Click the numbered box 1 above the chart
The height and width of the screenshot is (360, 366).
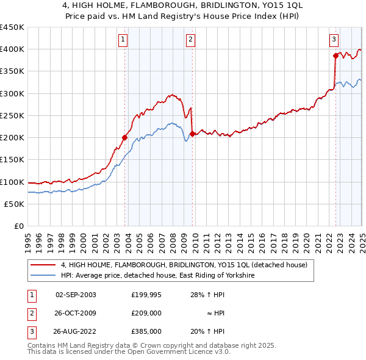click(123, 40)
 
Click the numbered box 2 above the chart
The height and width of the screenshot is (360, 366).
click(190, 40)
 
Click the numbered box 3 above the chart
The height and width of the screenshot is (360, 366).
click(334, 40)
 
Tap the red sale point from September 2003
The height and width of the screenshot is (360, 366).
click(124, 137)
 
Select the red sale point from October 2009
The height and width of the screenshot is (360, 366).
click(193, 134)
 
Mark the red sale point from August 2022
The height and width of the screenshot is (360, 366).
click(336, 56)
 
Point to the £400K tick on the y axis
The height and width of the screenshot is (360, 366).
click(12, 49)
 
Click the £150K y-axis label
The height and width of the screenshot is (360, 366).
click(12, 160)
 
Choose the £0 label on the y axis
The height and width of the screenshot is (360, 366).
click(18, 226)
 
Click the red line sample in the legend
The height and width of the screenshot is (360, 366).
click(42, 265)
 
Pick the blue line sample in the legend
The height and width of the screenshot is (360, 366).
click(42, 276)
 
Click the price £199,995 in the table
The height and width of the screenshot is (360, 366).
click(146, 295)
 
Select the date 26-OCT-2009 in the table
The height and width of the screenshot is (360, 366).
click(76, 313)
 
